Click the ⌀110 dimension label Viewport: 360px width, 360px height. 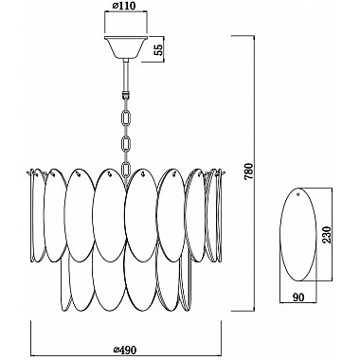pyautogui.click(x=125, y=6)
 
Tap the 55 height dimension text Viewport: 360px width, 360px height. pyautogui.click(x=160, y=49)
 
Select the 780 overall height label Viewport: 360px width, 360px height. pyautogui.click(x=249, y=171)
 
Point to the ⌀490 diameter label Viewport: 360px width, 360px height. pyautogui.click(x=125, y=350)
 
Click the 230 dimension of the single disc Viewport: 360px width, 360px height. pyautogui.click(x=327, y=235)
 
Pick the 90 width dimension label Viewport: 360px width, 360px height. pyautogui.click(x=298, y=297)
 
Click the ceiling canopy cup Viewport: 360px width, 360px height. pyautogui.click(x=125, y=47)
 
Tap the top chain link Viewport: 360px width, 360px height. pyautogui.click(x=126, y=117)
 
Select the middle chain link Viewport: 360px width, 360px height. pyautogui.click(x=126, y=143)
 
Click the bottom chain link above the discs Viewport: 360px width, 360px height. pyautogui.click(x=126, y=170)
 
